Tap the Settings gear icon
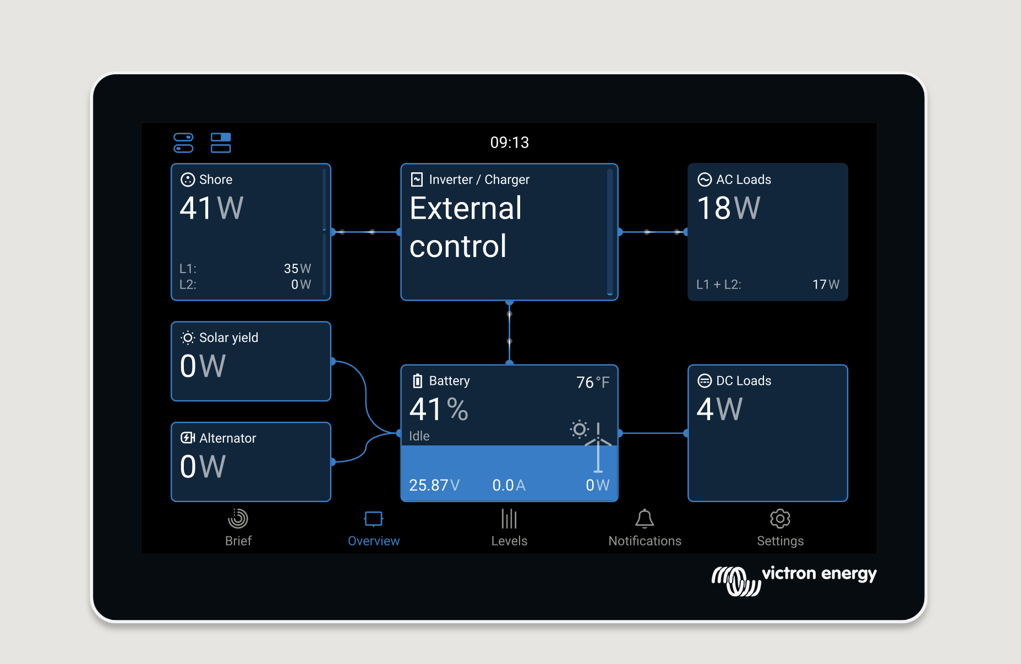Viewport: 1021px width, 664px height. (780, 519)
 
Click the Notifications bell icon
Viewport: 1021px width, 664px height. (645, 519)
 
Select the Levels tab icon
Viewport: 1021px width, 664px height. (509, 519)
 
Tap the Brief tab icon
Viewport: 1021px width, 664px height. (238, 519)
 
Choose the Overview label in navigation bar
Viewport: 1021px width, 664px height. (374, 541)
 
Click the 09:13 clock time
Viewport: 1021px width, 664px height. (510, 143)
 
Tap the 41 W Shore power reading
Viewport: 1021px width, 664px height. (212, 208)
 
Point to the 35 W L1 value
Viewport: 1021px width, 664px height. (297, 269)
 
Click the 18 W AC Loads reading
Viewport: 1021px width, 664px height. (729, 208)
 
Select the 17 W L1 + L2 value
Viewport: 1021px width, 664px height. (826, 285)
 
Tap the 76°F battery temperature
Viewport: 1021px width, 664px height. (593, 382)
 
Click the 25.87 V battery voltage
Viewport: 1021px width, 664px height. (434, 485)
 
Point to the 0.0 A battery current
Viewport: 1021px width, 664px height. (509, 485)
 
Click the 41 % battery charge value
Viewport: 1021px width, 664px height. (439, 409)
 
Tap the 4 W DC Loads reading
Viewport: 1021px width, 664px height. (719, 409)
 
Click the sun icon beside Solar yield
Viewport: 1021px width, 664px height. (188, 338)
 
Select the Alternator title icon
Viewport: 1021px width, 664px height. (188, 438)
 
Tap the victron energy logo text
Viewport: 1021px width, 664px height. (819, 574)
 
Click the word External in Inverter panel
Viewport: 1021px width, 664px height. (466, 208)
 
